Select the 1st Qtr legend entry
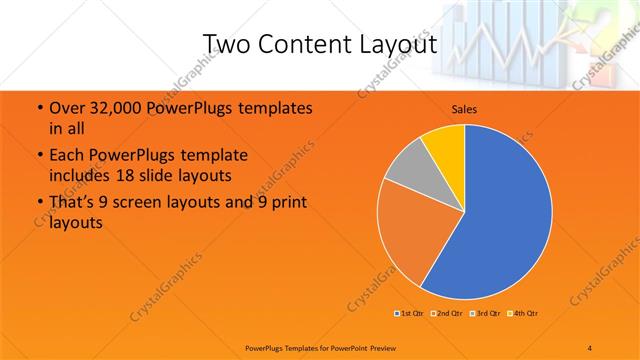coord(408,314)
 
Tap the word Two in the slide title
coord(226,44)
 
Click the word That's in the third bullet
coord(71,203)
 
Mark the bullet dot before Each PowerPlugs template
coord(38,156)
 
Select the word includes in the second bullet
coord(79,175)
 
